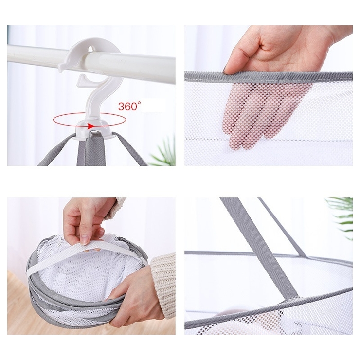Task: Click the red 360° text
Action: pyautogui.click(x=129, y=107)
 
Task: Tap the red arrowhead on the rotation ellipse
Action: pyautogui.click(x=91, y=126)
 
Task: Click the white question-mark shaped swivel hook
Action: pyautogui.click(x=97, y=96)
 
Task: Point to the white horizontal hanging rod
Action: pyautogui.click(x=91, y=60)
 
